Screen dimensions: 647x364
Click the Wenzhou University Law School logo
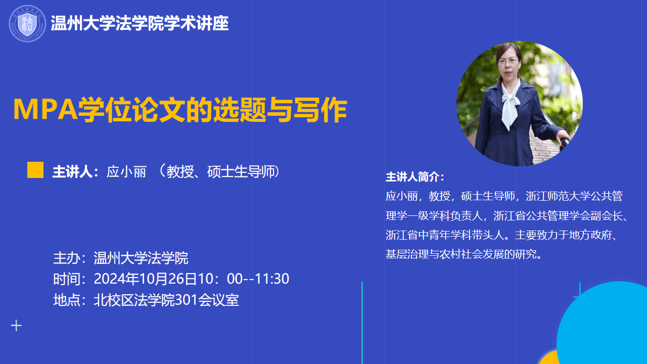[x=27, y=23]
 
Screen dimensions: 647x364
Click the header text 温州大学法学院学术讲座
[x=140, y=23]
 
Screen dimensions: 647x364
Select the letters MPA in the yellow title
[x=45, y=109]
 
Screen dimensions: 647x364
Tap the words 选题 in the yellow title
[x=239, y=109]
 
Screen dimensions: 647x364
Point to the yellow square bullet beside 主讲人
[x=35, y=170]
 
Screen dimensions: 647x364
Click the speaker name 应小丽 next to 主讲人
[x=126, y=171]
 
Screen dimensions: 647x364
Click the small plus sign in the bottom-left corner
[x=16, y=326]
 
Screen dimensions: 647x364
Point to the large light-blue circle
[x=604, y=324]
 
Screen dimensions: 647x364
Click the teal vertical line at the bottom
[x=362, y=323]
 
